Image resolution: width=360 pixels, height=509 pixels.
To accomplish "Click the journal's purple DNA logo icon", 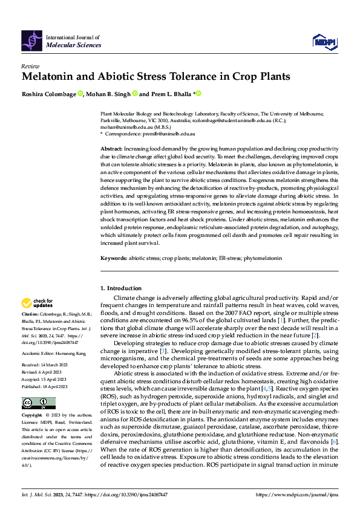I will click(32, 40).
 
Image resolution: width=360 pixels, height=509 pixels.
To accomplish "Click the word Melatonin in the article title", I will click(51, 77).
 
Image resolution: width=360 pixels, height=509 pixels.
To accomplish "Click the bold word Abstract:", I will click(111, 148).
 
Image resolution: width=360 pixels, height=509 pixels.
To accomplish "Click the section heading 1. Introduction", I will click(121, 288).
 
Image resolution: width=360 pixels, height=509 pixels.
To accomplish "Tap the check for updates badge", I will click(38, 303).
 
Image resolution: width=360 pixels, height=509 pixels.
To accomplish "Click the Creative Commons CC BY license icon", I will click(34, 403).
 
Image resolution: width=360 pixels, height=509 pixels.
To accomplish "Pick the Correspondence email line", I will click(151, 133).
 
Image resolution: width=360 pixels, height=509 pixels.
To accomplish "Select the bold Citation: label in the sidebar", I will click(30, 315).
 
